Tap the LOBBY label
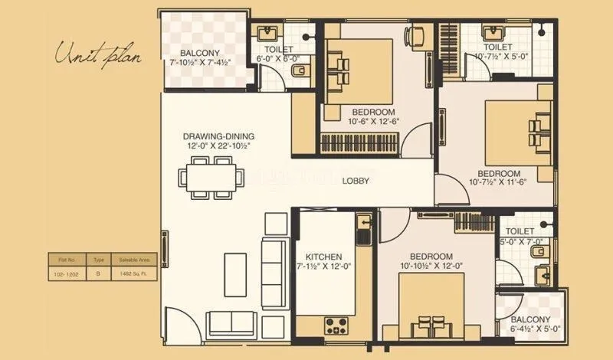(x=356, y=182)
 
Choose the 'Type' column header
(x=98, y=260)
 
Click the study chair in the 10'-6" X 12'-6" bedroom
(x=418, y=35)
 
